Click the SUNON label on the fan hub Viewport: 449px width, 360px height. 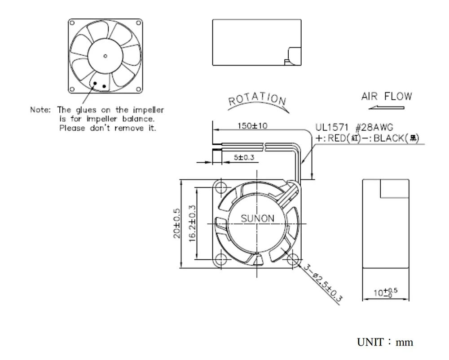coord(258,219)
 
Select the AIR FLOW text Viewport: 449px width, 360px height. coord(386,97)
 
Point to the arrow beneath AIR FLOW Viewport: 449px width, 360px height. coord(386,108)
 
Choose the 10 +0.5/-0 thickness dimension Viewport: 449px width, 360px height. coord(386,293)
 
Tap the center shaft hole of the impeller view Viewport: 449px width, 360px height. coord(105,56)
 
